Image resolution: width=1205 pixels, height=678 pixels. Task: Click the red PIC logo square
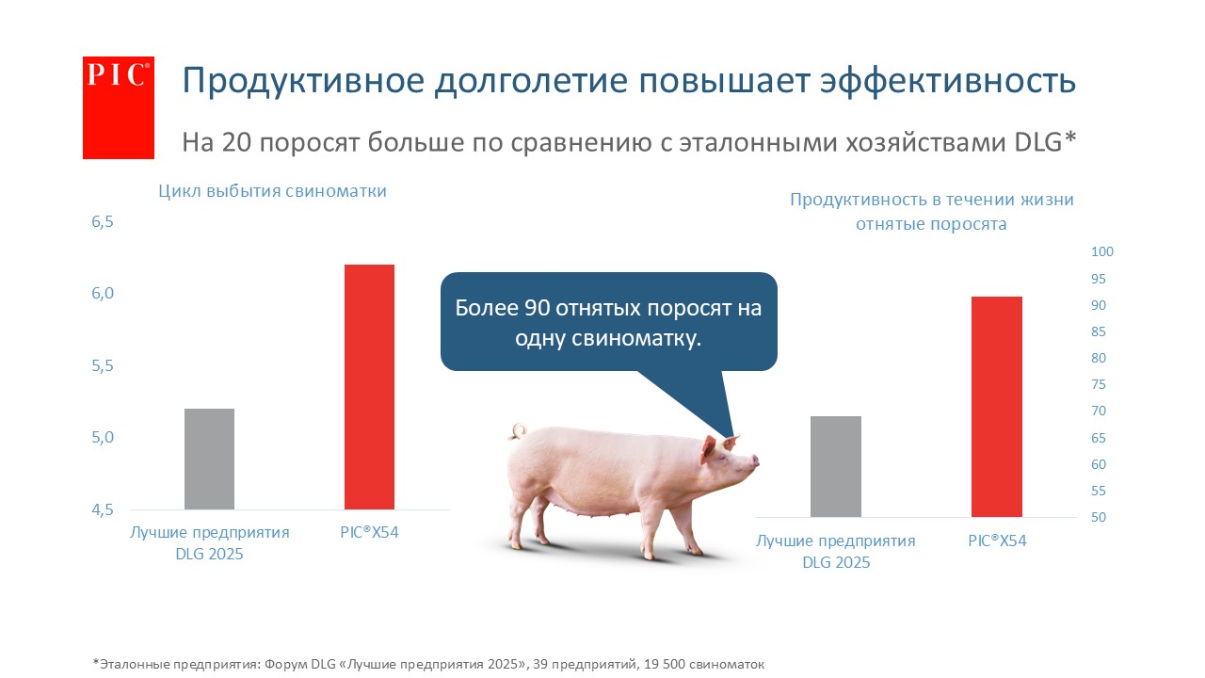point(119,107)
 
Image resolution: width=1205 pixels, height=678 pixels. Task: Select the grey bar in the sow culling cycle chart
point(209,459)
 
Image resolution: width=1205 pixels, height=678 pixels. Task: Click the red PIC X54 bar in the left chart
point(369,387)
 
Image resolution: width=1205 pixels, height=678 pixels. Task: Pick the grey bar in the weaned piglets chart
point(835,466)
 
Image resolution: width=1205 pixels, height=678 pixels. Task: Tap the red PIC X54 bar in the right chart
point(997,407)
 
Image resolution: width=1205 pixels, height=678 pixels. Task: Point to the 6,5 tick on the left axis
point(103,221)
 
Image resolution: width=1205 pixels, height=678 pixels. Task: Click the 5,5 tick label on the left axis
point(103,366)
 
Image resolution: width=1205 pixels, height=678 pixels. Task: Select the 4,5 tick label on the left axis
point(103,509)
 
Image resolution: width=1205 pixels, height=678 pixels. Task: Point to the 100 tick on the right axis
point(1102,251)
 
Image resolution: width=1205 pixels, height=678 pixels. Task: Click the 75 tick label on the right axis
point(1099,385)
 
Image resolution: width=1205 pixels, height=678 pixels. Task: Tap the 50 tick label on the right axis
point(1099,517)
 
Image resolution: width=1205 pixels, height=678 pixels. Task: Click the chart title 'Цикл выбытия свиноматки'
point(272,191)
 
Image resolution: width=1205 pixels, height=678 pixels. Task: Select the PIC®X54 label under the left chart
point(369,532)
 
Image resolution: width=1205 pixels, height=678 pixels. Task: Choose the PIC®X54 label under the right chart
point(997,541)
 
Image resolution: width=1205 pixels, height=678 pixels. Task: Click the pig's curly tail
point(518,431)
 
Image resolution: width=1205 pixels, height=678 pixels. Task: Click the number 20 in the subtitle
point(236,142)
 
